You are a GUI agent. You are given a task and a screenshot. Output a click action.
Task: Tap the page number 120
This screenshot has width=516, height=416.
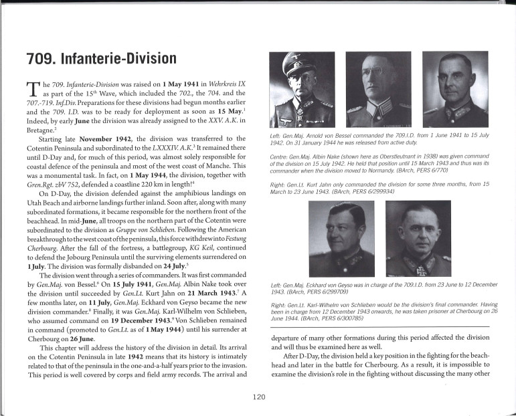click(x=260, y=397)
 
